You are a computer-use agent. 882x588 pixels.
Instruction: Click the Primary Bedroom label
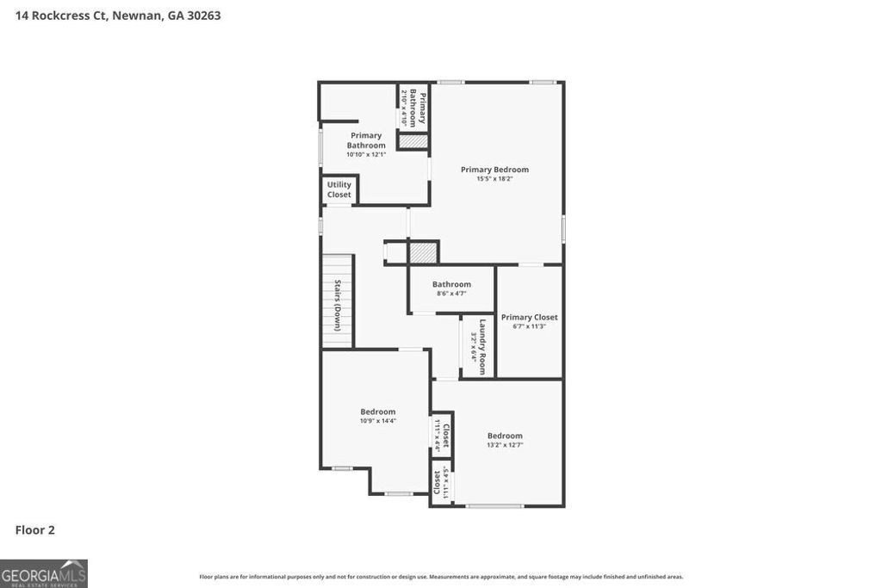pyautogui.click(x=494, y=170)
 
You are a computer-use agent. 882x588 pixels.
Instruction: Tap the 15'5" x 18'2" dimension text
pyautogui.click(x=494, y=179)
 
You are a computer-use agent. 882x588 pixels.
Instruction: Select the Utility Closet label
pyautogui.click(x=339, y=189)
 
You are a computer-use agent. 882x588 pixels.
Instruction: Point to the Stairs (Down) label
pyautogui.click(x=338, y=306)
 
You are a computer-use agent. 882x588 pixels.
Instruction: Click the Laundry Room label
pyautogui.click(x=483, y=346)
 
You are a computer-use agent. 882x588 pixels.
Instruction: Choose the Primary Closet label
pyautogui.click(x=530, y=317)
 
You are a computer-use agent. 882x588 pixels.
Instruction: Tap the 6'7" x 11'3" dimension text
pyautogui.click(x=530, y=326)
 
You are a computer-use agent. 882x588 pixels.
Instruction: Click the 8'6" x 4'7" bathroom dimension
pyautogui.click(x=451, y=294)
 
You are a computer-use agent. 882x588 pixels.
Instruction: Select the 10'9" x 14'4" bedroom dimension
pyautogui.click(x=378, y=421)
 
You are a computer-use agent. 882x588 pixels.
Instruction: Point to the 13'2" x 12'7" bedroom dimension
pyautogui.click(x=505, y=445)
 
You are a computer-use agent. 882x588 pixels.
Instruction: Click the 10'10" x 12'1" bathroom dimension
pyautogui.click(x=366, y=155)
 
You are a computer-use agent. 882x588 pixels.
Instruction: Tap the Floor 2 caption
pyautogui.click(x=35, y=530)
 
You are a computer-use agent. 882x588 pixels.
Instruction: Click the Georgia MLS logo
pyautogui.click(x=44, y=573)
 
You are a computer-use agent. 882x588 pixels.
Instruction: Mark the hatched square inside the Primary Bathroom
pyautogui.click(x=413, y=140)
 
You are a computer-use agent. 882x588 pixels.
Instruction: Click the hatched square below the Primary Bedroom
pyautogui.click(x=423, y=252)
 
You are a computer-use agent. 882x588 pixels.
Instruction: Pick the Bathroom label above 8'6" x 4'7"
pyautogui.click(x=451, y=284)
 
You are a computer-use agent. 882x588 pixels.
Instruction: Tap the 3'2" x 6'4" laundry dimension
pyautogui.click(x=473, y=346)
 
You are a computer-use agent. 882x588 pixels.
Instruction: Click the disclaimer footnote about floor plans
pyautogui.click(x=441, y=577)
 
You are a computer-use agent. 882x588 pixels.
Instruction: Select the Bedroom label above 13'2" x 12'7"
pyautogui.click(x=505, y=436)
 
